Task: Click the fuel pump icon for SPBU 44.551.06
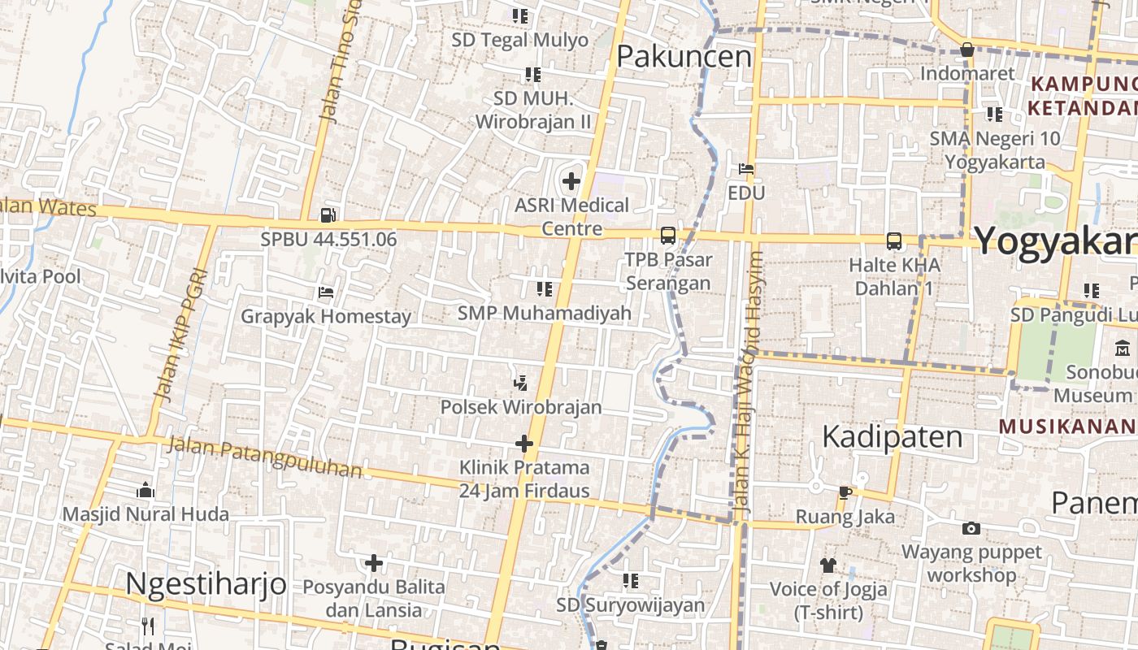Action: [x=328, y=215]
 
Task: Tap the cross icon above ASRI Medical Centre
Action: [x=571, y=180]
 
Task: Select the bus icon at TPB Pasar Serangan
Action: [x=667, y=236]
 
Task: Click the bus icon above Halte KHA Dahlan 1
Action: [x=894, y=240]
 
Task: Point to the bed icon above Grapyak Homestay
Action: [x=326, y=292]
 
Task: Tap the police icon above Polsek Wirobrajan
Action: [x=521, y=382]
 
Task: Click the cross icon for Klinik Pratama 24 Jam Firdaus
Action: [x=524, y=444]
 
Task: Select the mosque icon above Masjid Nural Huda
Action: [x=146, y=489]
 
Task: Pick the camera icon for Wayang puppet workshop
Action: [x=971, y=528]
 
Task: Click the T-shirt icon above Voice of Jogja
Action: [x=827, y=565]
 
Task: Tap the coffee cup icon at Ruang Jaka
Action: [x=845, y=492]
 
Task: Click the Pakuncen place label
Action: [x=684, y=56]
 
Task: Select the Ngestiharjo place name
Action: [x=206, y=583]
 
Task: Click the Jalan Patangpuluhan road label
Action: [x=265, y=457]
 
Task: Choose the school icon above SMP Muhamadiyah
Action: [x=544, y=288]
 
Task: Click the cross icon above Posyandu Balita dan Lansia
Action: [x=373, y=562]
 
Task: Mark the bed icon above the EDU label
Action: [x=746, y=169]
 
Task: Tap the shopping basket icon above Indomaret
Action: [x=966, y=50]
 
